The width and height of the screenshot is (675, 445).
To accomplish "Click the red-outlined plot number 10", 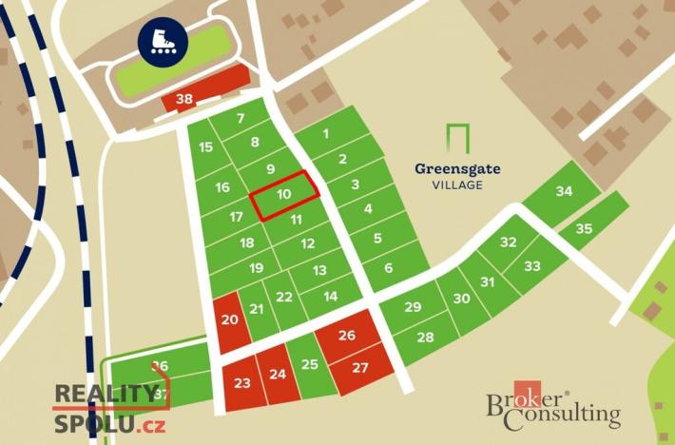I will click(x=283, y=194).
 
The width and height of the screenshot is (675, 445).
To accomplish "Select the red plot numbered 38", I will click(x=185, y=99).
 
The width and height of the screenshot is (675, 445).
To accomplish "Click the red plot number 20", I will click(x=230, y=320).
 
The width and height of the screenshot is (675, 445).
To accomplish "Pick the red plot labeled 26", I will click(x=347, y=336).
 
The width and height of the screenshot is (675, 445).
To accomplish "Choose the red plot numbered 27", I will click(x=360, y=368).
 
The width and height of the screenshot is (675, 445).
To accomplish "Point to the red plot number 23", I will click(x=242, y=383).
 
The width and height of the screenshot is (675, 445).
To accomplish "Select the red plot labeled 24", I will click(x=278, y=374).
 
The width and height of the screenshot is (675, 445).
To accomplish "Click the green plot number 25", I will click(x=309, y=364).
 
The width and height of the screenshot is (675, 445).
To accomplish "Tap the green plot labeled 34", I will click(x=564, y=192).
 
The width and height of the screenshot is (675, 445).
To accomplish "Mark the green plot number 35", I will click(x=584, y=229).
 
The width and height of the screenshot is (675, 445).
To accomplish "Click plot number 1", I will click(x=326, y=134).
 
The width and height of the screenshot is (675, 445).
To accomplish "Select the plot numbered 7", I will click(x=241, y=119).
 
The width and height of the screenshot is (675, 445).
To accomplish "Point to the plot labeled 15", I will click(x=205, y=147).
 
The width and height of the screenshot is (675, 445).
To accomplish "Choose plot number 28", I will click(x=425, y=338).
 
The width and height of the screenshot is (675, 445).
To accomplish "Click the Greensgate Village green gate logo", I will click(x=458, y=139).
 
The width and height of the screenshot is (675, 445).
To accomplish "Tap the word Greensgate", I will click(x=457, y=169).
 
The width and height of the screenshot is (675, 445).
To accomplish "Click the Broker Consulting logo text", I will click(x=553, y=409).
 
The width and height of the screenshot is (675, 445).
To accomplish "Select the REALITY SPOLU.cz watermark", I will click(x=106, y=407).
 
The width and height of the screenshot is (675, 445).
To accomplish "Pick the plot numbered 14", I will click(x=331, y=297).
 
